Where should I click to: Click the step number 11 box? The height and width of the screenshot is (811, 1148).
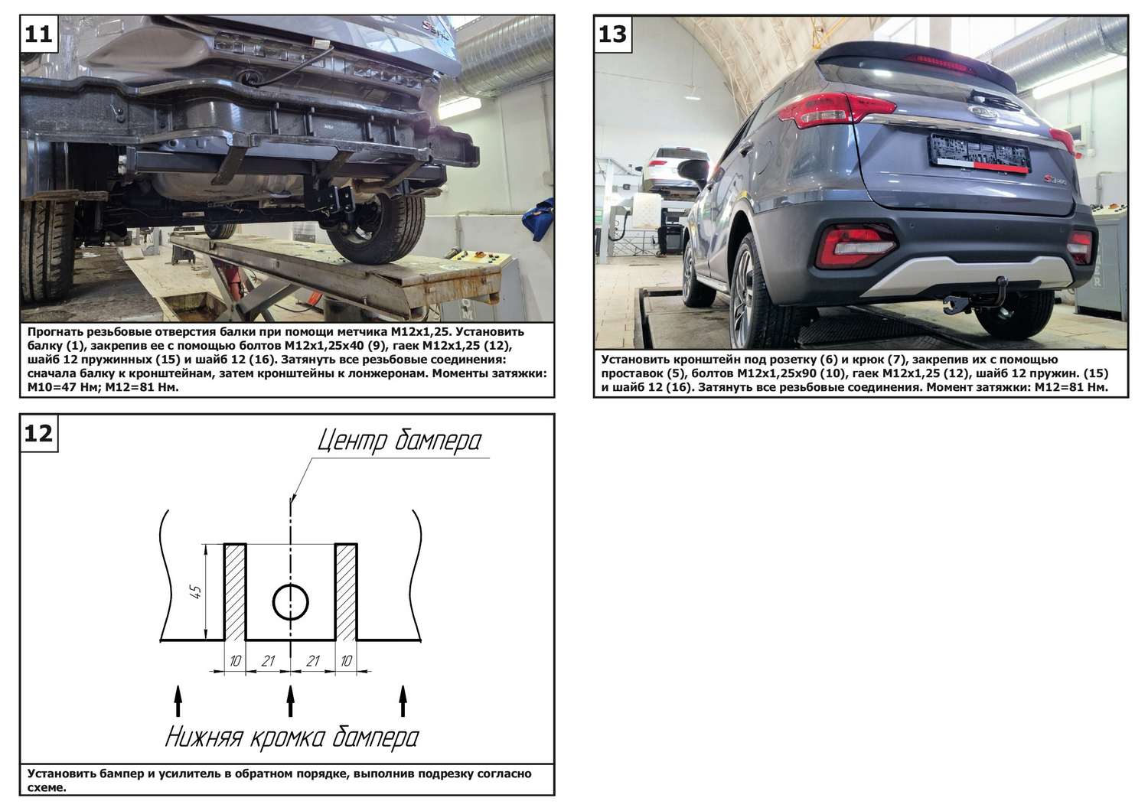pyautogui.click(x=38, y=34)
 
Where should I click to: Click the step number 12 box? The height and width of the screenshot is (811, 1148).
pyautogui.click(x=39, y=433)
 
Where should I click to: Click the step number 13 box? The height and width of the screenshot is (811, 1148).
pyautogui.click(x=612, y=34)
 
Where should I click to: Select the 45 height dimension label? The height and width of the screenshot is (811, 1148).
pyautogui.click(x=196, y=592)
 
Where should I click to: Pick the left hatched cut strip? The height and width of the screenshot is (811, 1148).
pyautogui.click(x=235, y=591)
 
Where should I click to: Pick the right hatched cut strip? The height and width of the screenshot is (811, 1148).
pyautogui.click(x=346, y=591)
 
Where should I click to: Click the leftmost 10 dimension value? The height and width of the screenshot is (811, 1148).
pyautogui.click(x=235, y=661)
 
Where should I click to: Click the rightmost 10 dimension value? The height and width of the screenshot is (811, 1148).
pyautogui.click(x=347, y=661)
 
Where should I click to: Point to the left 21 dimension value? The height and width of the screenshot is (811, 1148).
pyautogui.click(x=268, y=661)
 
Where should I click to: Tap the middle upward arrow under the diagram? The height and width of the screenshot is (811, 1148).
pyautogui.click(x=291, y=701)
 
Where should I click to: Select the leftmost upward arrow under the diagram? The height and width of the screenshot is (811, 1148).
pyautogui.click(x=178, y=701)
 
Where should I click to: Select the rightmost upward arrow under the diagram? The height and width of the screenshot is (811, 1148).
pyautogui.click(x=403, y=701)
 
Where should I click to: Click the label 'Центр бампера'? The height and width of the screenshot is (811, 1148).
pyautogui.click(x=400, y=441)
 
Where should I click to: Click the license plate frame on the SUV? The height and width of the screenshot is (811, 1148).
pyautogui.click(x=979, y=153)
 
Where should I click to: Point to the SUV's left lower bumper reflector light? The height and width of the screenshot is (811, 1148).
pyautogui.click(x=856, y=246)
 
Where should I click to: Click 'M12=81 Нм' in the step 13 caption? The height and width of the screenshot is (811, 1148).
pyautogui.click(x=1071, y=387)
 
